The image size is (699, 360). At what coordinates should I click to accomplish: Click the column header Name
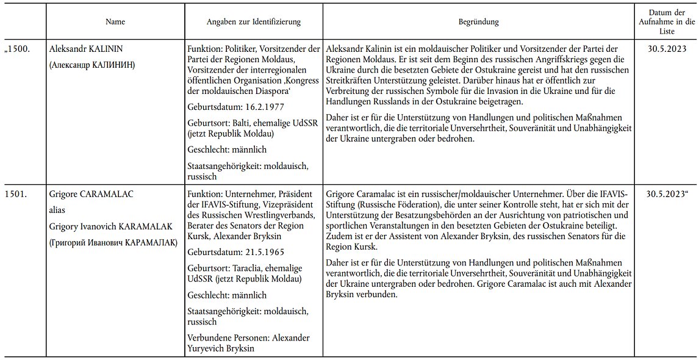(x=115, y=22)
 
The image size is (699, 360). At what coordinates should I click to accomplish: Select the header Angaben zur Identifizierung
(x=253, y=22)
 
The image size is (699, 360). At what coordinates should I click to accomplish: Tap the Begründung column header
(x=478, y=22)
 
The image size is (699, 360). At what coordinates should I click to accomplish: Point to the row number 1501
(x=15, y=194)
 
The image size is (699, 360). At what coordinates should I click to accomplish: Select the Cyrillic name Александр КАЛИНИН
(x=92, y=64)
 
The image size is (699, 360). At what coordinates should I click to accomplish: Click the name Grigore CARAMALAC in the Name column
(x=91, y=194)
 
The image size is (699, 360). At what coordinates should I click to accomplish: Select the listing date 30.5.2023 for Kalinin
(x=667, y=48)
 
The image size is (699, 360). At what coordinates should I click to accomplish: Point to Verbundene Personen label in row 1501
(x=228, y=337)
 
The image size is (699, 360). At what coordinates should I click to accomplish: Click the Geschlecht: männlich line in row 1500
(x=227, y=149)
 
